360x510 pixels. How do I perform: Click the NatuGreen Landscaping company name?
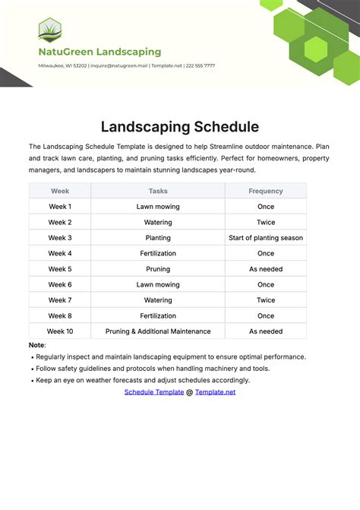click(99, 52)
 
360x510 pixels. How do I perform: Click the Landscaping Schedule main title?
click(180, 127)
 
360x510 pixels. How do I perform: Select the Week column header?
click(60, 191)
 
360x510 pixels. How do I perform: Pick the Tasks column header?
click(158, 191)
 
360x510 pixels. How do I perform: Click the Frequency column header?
click(266, 191)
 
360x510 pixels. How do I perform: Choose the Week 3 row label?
click(60, 238)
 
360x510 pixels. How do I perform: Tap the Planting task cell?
click(158, 238)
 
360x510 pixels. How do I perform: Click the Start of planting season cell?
click(266, 238)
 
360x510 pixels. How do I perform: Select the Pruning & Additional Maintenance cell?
click(158, 331)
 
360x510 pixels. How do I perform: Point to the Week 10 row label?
click(60, 331)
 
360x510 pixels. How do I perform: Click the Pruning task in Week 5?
click(158, 269)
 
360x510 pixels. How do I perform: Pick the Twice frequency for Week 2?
click(266, 222)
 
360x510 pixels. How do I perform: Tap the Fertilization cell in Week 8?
click(158, 315)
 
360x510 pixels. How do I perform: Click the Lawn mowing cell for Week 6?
click(158, 284)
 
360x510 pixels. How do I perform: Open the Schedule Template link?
click(154, 392)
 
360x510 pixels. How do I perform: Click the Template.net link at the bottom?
click(216, 392)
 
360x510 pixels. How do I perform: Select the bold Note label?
click(37, 345)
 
